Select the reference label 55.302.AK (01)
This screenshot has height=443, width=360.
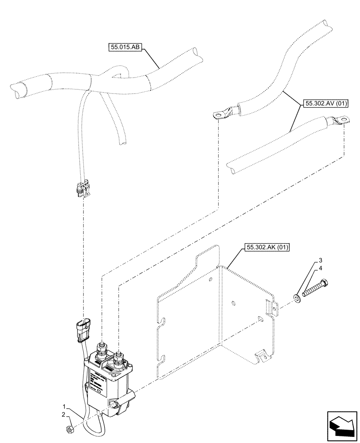(266, 247)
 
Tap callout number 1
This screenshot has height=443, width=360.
(65, 406)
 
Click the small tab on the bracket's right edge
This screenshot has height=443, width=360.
(267, 307)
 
